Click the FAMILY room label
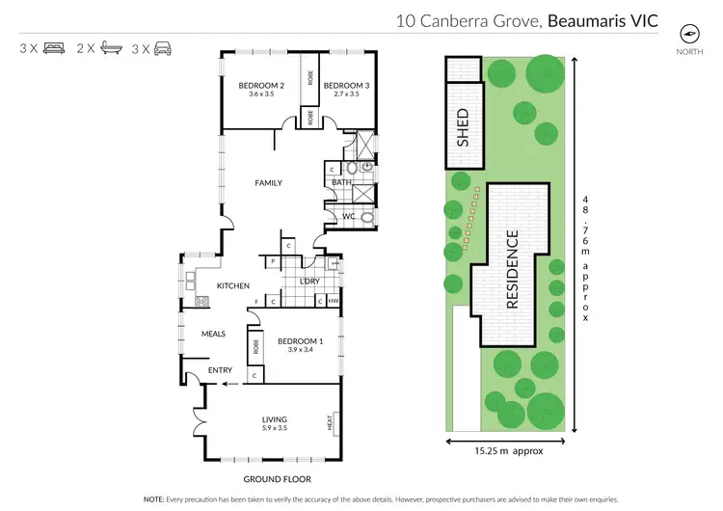tap(268, 182)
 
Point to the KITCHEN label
tap(233, 285)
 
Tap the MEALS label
tap(213, 334)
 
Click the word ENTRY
tap(221, 369)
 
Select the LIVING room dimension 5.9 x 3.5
tap(275, 427)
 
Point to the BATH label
tap(341, 182)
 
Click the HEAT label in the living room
tap(330, 421)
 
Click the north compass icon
tap(688, 32)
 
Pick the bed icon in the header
tap(54, 47)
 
